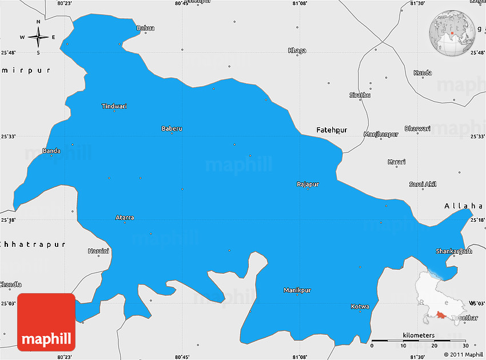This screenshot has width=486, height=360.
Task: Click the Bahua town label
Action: [146, 27]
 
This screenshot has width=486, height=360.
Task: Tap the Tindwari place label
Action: [114, 106]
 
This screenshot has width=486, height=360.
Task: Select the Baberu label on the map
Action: [172, 129]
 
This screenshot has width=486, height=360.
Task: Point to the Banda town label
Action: [51, 151]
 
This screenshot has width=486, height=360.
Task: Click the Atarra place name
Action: [125, 218]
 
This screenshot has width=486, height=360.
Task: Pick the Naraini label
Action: [98, 251]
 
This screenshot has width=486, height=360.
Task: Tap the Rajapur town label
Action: [308, 184]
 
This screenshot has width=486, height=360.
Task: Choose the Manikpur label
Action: [297, 290]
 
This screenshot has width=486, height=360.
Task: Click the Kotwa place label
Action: [360, 306]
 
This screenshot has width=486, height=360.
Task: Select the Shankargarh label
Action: [454, 251]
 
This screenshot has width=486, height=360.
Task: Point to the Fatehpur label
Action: [332, 130]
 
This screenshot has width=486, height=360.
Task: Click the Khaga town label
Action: [297, 50]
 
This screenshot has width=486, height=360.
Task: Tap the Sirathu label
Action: [360, 95]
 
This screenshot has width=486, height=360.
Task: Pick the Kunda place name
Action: [423, 73]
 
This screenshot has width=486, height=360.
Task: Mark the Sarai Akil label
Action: [423, 184]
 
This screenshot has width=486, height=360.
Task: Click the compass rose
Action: [38, 38]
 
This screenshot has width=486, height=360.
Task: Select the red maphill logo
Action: [46, 322]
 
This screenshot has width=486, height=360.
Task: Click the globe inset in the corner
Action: [452, 34]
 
